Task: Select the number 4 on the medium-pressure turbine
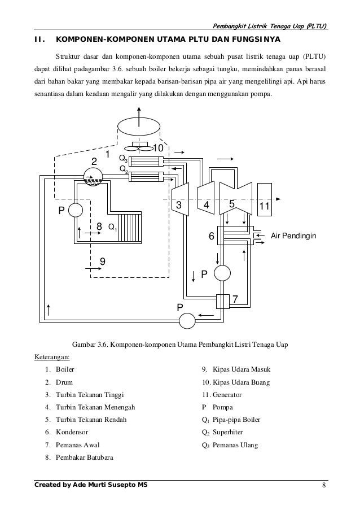207,206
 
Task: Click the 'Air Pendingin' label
292,235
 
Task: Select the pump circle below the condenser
222,273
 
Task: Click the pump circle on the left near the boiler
75,211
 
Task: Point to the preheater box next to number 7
221,302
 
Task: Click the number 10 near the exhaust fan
158,148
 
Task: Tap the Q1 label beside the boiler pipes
112,228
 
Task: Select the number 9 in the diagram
103,261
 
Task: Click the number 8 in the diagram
99,226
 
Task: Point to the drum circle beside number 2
93,178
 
